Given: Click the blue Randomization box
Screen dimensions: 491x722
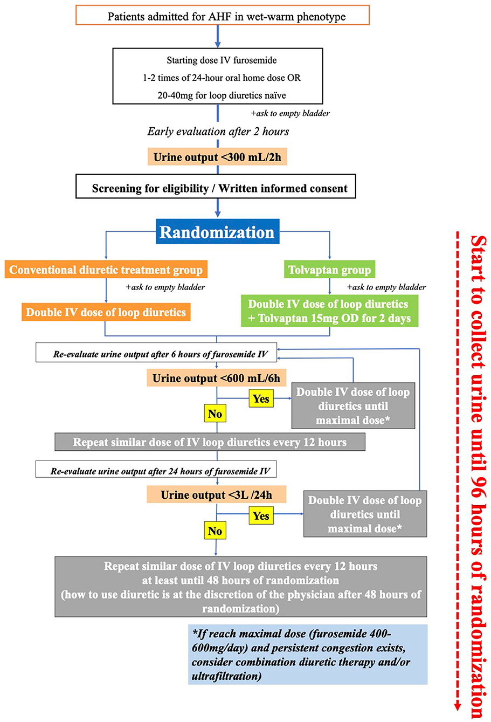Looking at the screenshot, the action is [217, 231].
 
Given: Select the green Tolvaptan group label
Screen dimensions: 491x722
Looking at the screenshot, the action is [329, 270].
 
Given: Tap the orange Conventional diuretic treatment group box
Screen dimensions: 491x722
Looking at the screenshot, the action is [106, 269].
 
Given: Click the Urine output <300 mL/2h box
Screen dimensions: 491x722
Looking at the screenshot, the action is [217, 157].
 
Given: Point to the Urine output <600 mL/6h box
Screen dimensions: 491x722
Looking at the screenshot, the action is [217, 377].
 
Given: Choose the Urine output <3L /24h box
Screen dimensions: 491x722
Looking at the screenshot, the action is [217, 494].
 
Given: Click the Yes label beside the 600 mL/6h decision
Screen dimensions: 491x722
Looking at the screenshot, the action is [261, 398].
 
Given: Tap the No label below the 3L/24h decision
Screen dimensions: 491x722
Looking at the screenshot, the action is [215, 531].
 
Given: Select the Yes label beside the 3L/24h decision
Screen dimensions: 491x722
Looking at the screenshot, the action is [261, 515].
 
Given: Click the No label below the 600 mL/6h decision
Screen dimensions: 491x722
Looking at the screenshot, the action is [215, 413].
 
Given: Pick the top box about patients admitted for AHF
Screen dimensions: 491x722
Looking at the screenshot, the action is [223, 15].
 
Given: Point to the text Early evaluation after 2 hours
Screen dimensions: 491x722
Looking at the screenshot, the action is [218, 132].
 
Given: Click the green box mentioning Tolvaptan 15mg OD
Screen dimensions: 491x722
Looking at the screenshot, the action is [330, 311].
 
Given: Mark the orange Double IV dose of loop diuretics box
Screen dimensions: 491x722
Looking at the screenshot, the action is [106, 312].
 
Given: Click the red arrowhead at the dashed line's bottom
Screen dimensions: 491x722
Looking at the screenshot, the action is [457, 715].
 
